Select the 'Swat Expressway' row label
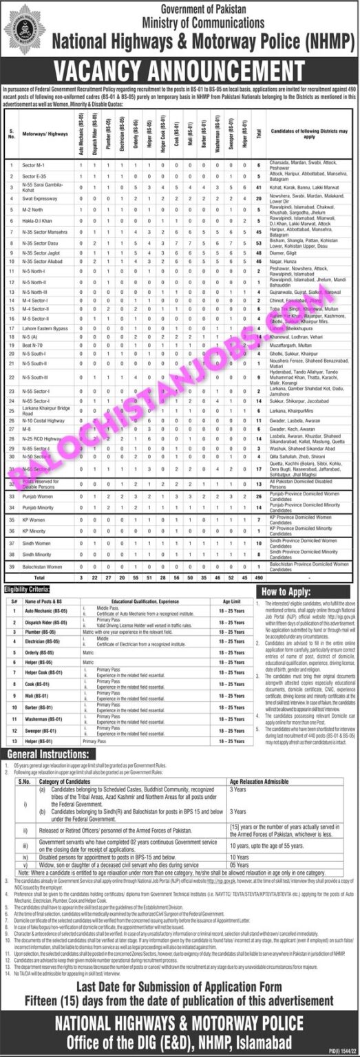pos(38,198)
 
